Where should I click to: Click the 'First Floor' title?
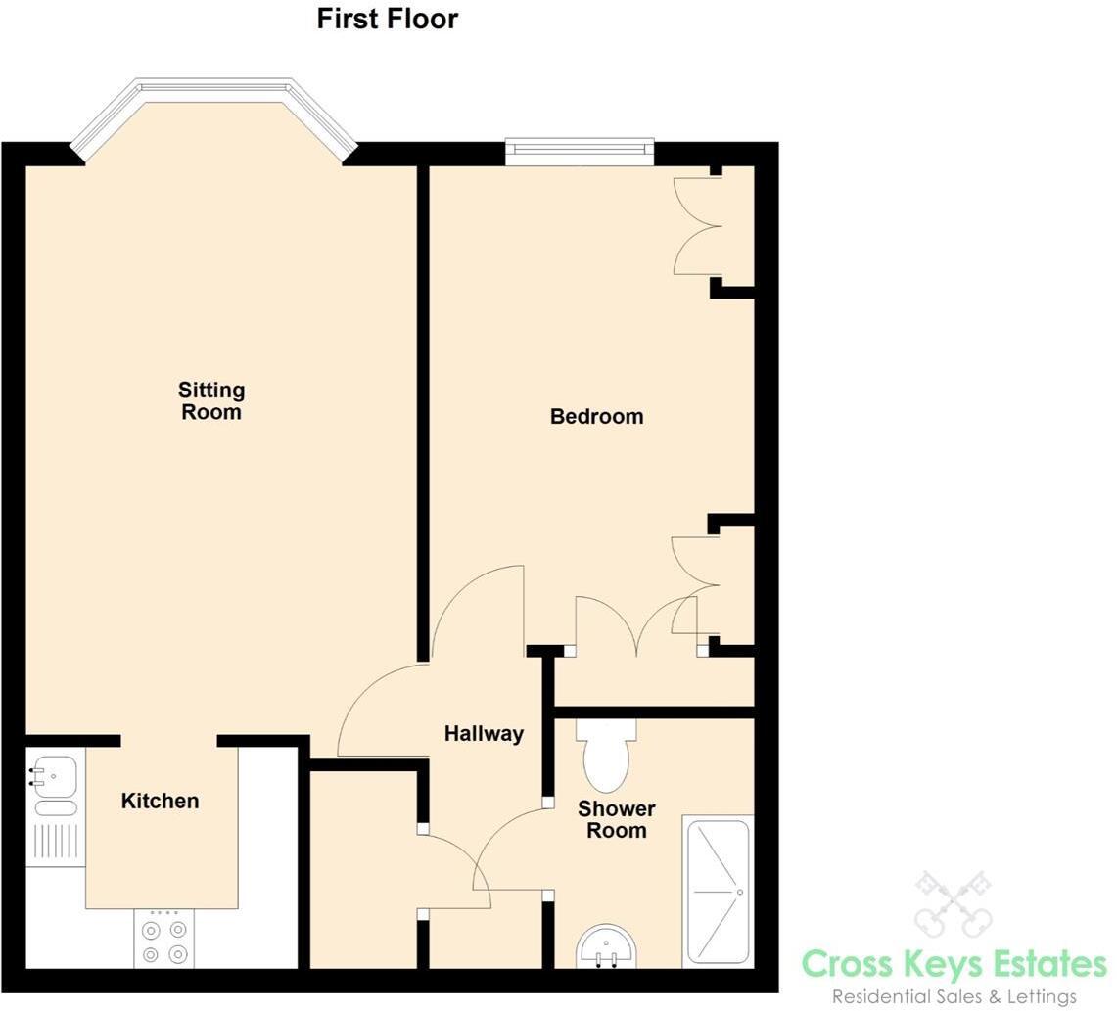click(387, 19)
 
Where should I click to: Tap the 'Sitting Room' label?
click(211, 400)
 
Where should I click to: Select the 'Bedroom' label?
click(596, 416)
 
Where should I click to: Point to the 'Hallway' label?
click(484, 733)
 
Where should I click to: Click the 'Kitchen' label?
click(160, 801)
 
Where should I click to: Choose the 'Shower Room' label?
click(616, 820)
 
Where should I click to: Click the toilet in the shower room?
click(606, 757)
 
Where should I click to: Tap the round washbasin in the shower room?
click(606, 948)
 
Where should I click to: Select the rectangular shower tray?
click(718, 892)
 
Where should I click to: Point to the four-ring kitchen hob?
click(163, 941)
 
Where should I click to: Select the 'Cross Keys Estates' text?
click(954, 964)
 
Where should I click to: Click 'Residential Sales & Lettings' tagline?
click(954, 996)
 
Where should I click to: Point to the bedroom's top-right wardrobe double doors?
click(699, 226)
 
